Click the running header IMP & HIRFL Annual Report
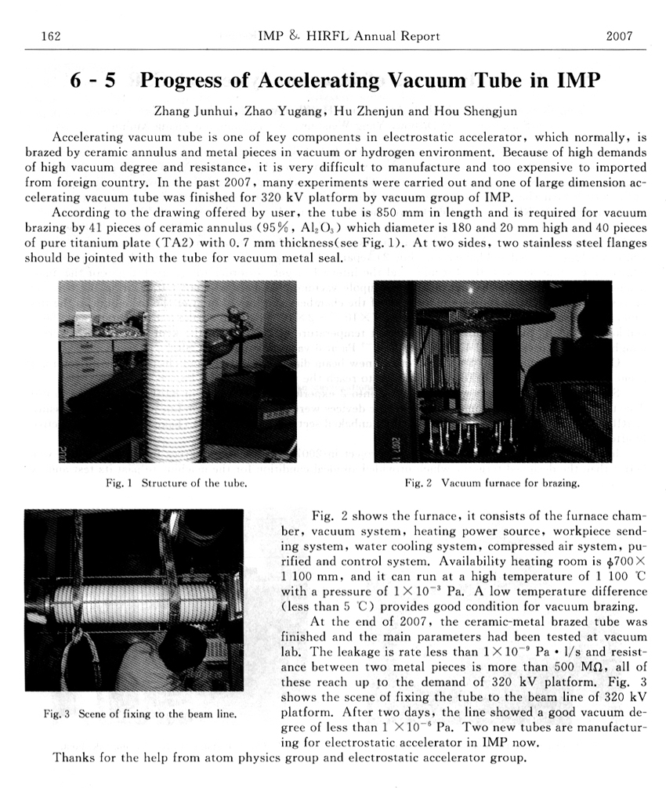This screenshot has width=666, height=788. [x=348, y=36]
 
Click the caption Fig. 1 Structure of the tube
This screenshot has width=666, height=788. [x=177, y=483]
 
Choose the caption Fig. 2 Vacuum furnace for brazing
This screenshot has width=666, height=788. [x=492, y=483]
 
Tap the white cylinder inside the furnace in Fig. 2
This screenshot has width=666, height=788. [x=471, y=371]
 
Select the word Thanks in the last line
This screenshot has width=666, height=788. [x=73, y=757]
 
